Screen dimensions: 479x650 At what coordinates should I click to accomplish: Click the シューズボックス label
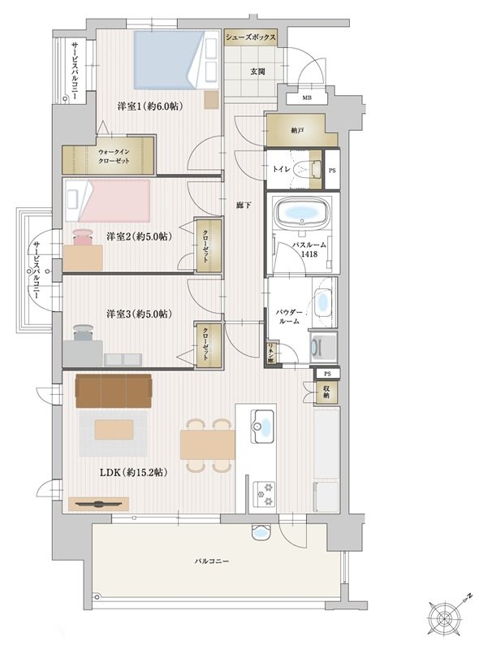250,37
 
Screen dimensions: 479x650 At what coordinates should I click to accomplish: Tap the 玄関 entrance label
257,71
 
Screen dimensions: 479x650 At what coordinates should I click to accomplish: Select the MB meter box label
307,97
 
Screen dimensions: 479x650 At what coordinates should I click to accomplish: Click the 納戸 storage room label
297,131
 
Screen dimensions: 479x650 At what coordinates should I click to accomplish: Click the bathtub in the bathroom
302,212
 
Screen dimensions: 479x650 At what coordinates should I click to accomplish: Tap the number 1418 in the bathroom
309,254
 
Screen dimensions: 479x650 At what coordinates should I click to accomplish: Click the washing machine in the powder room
323,346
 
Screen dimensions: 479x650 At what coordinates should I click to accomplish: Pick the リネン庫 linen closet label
270,353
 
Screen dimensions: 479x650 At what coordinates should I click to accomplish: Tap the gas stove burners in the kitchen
264,493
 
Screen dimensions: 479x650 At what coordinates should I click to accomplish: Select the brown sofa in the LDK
114,391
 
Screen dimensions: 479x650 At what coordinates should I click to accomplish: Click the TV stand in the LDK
98,504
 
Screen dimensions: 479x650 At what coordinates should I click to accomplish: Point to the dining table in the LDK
207,444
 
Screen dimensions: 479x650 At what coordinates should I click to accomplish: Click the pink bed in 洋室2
107,200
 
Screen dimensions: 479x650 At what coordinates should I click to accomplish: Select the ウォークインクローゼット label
114,156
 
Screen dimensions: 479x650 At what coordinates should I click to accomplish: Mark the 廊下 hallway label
244,205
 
